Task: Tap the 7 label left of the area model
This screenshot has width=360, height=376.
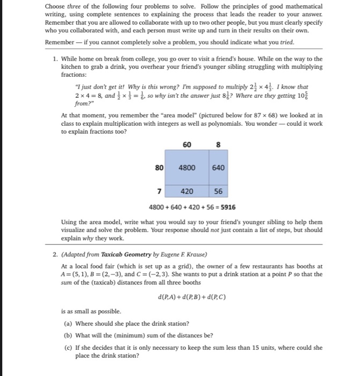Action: tap(160, 191)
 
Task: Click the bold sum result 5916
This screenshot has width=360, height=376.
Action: tap(225, 207)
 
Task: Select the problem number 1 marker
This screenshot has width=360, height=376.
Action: tap(55, 59)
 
